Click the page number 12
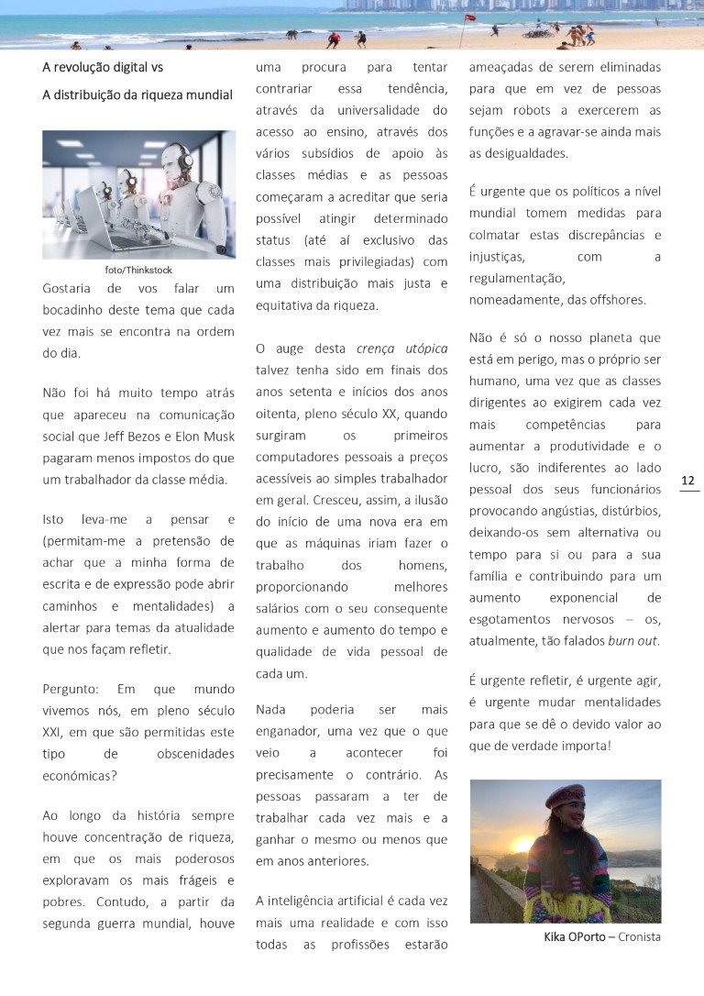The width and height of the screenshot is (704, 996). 688,481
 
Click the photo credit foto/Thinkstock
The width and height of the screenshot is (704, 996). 138,270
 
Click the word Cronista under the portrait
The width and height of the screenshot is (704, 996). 639,936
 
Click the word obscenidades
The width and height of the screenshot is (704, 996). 196,753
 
